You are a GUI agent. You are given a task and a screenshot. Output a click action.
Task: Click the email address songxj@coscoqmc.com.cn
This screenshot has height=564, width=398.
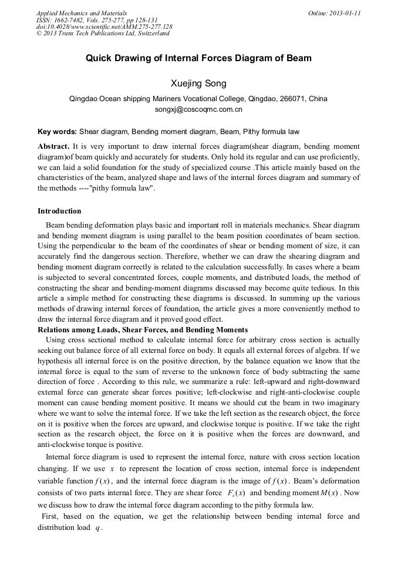point(198,109)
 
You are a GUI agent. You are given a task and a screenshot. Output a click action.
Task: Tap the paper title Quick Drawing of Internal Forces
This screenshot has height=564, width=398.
point(198,58)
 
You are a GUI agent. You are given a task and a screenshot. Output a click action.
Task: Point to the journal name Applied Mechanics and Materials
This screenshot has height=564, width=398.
point(82,12)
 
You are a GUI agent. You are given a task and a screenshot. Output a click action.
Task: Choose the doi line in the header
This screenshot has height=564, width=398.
point(104,26)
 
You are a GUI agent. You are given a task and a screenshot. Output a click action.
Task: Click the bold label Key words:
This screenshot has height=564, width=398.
point(57,132)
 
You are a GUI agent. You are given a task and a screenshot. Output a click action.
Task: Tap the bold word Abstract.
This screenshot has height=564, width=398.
point(53,146)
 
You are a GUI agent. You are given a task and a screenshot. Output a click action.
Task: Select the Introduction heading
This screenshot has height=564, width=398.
point(59,211)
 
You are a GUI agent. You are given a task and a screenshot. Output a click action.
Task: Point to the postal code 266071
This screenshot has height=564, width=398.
point(294,99)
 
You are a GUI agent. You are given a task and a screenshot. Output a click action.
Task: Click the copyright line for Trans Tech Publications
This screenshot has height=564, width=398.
point(103,34)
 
